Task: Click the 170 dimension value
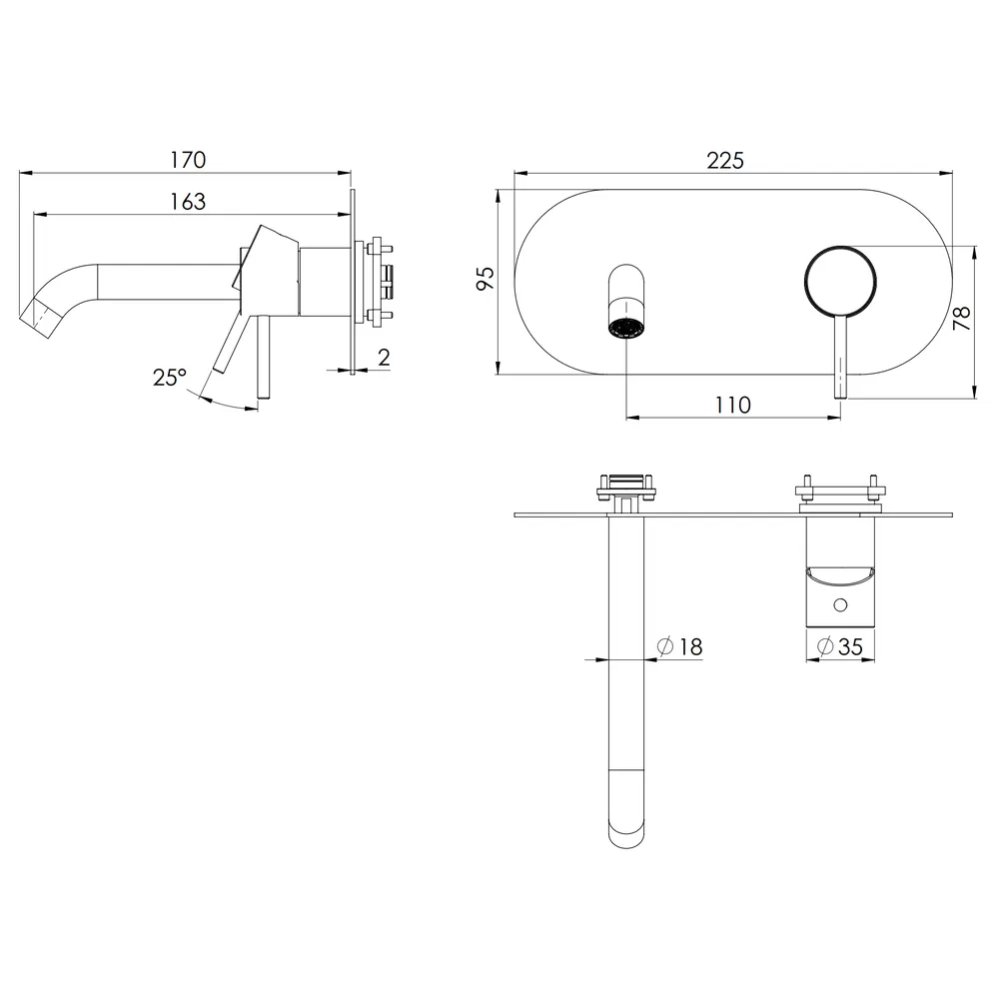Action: tap(188, 160)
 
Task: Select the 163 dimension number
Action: tap(188, 202)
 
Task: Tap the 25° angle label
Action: tap(170, 378)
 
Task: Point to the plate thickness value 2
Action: tap(384, 358)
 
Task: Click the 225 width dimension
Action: tap(725, 161)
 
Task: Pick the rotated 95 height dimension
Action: tap(486, 279)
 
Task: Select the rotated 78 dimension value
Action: tap(961, 318)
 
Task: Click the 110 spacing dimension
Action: tap(732, 406)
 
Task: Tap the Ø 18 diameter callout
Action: tap(679, 647)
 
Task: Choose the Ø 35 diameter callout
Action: tap(840, 647)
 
